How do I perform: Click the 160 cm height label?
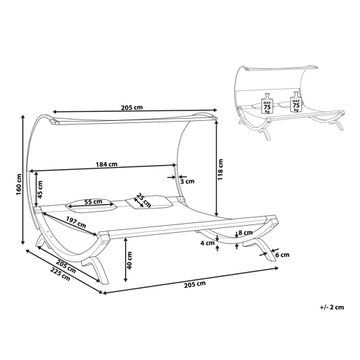click(x=19, y=185)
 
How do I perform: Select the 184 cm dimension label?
click(x=106, y=164)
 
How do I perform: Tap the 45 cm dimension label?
click(x=41, y=189)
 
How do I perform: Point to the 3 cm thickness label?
click(x=187, y=181)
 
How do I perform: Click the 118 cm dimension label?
click(x=220, y=169)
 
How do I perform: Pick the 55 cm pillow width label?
click(x=93, y=201)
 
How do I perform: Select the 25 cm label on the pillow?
click(x=144, y=200)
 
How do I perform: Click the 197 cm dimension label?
click(x=76, y=222)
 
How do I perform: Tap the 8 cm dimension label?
click(x=245, y=232)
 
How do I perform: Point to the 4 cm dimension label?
click(x=208, y=243)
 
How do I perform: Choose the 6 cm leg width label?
click(x=282, y=255)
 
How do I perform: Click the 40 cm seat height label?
click(x=129, y=260)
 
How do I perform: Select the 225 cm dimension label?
click(x=60, y=274)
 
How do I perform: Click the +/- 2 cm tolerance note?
click(x=332, y=307)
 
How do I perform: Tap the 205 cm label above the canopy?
click(x=131, y=108)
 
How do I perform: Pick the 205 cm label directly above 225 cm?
click(x=66, y=266)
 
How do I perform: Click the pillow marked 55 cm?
click(x=91, y=206)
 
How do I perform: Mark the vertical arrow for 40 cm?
click(x=126, y=260)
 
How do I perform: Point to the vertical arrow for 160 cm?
click(x=23, y=180)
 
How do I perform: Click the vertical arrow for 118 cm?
click(x=217, y=167)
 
